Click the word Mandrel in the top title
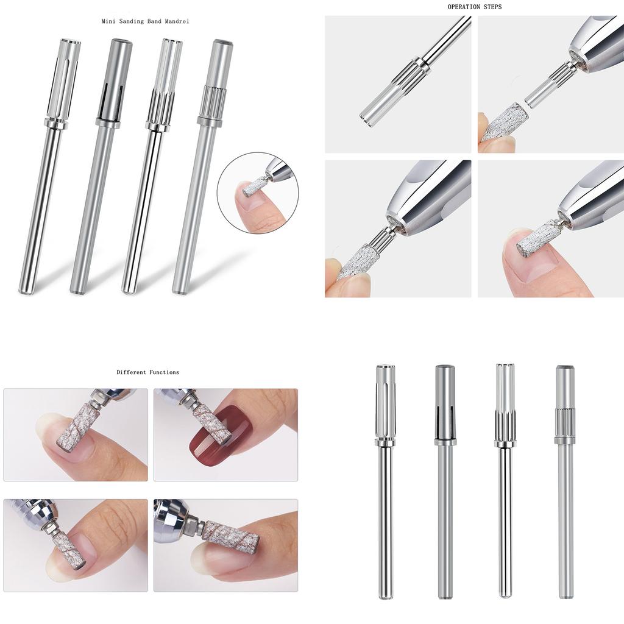[175, 21]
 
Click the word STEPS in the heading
[492, 7]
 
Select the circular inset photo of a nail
[258, 193]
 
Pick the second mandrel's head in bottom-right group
[445, 402]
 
